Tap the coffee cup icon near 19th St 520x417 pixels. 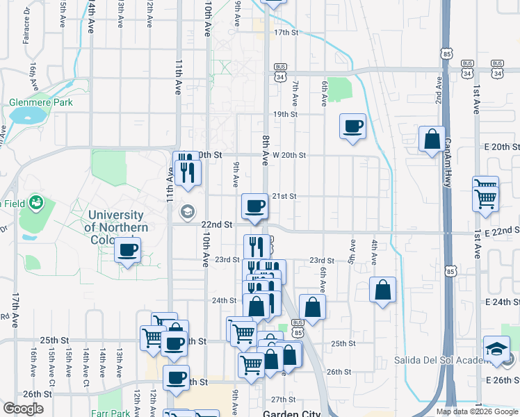[353, 126]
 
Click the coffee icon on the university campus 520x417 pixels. [127, 250]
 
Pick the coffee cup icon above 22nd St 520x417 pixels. [255, 205]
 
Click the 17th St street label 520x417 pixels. [286, 33]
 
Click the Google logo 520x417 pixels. [23, 409]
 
